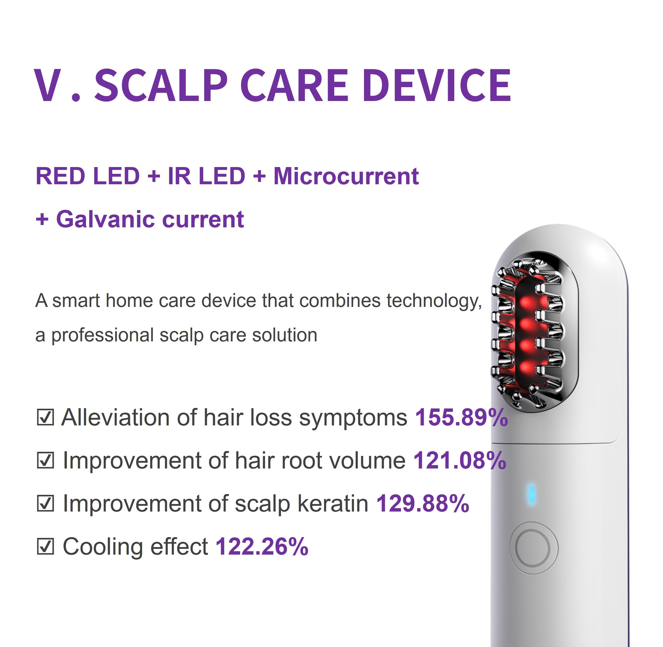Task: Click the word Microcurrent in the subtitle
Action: [x=346, y=176]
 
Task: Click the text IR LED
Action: [x=206, y=176]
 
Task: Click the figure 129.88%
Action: [x=422, y=503]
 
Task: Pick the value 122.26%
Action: [x=261, y=547]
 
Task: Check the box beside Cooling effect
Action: [x=45, y=547]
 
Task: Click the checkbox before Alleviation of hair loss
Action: [x=45, y=418]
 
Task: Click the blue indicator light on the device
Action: [x=531, y=494]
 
